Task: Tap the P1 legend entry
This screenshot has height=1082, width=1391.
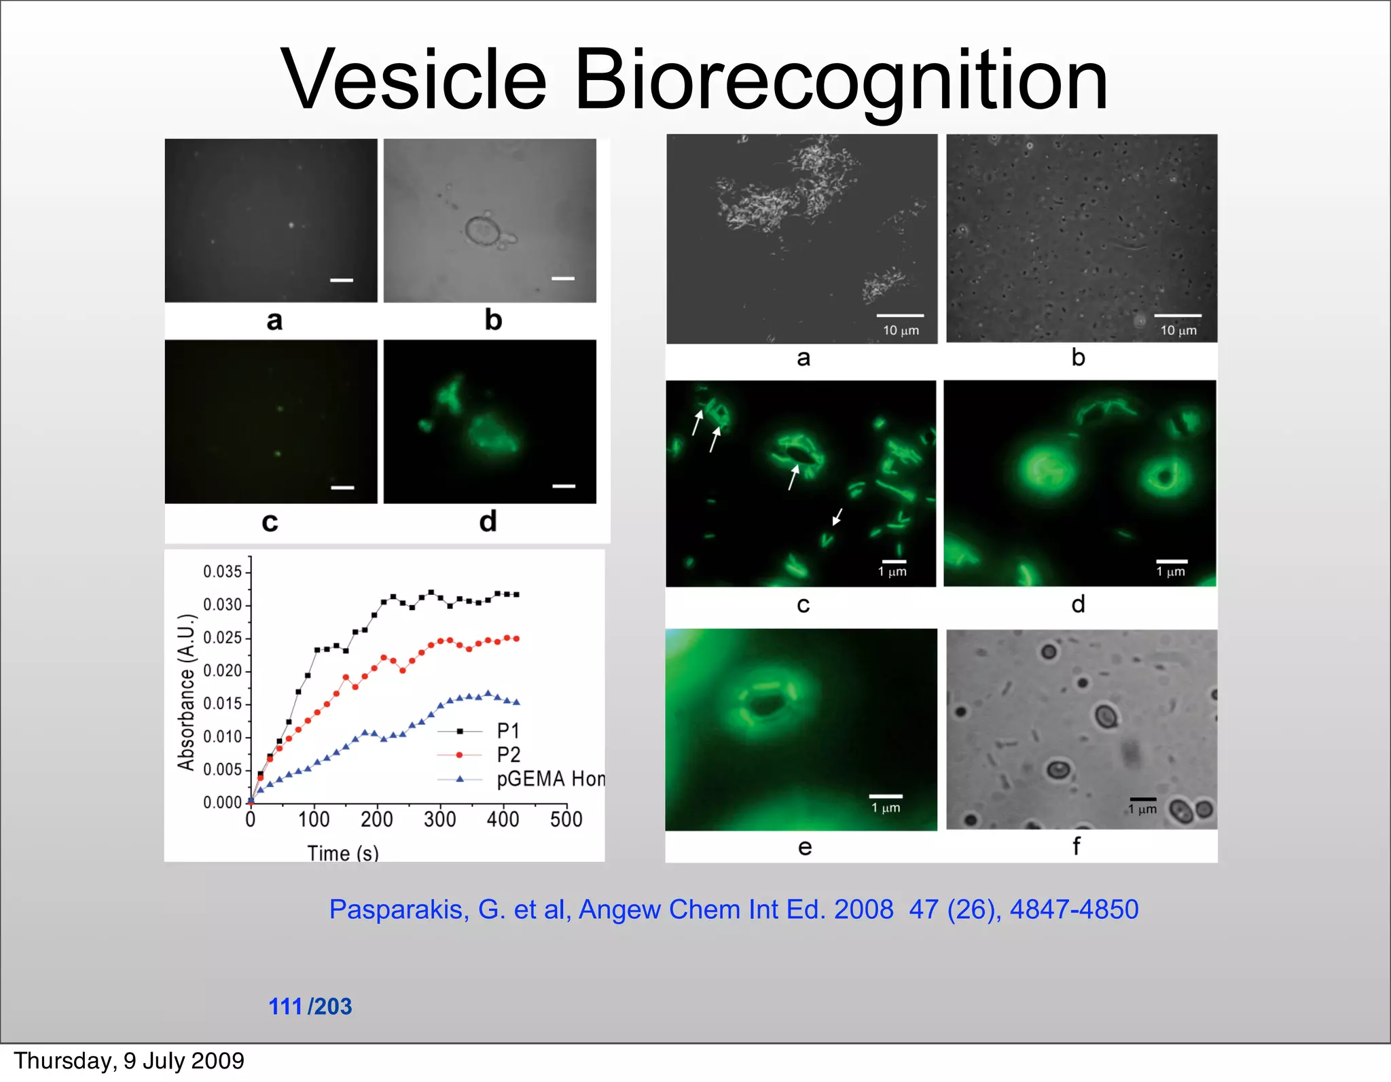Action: pyautogui.click(x=507, y=731)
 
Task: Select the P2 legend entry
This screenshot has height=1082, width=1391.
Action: pyautogui.click(x=507, y=755)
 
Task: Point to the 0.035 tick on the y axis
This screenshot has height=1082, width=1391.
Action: pyautogui.click(x=222, y=571)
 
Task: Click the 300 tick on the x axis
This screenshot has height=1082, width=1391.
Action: pyautogui.click(x=439, y=819)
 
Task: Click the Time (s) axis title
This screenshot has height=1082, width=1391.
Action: pyautogui.click(x=343, y=852)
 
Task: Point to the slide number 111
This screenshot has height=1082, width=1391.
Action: pyautogui.click(x=285, y=1006)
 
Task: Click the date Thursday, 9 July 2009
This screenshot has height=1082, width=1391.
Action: pyautogui.click(x=129, y=1061)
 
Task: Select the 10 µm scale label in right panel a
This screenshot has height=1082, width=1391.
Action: pyautogui.click(x=901, y=331)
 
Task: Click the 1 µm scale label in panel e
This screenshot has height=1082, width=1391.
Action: pyautogui.click(x=886, y=808)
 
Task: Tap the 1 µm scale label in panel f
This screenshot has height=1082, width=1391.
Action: pyautogui.click(x=1142, y=809)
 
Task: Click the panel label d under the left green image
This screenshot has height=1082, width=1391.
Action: pyautogui.click(x=488, y=522)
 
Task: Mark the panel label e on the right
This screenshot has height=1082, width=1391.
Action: pyautogui.click(x=804, y=847)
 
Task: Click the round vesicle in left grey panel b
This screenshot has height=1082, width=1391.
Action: pyautogui.click(x=483, y=231)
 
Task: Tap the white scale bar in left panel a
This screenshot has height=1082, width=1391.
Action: pyautogui.click(x=342, y=280)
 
